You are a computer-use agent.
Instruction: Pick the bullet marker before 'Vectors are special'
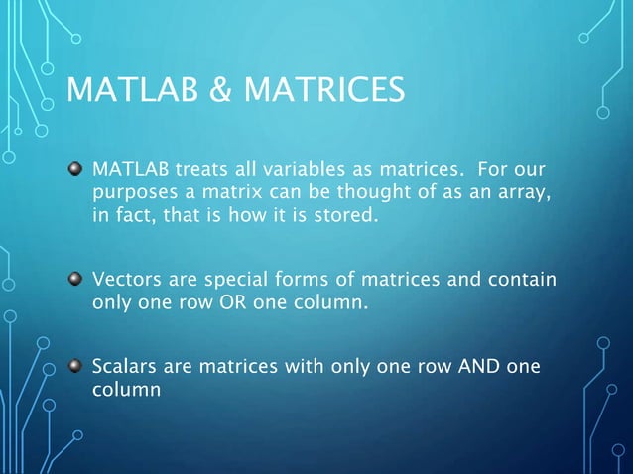[74, 280]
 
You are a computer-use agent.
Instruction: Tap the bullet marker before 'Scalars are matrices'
[74, 366]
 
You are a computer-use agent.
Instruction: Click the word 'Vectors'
[125, 280]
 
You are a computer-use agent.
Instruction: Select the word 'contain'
[522, 280]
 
